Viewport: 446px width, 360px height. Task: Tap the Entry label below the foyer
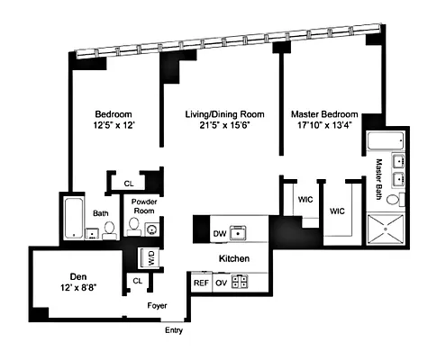point(174,329)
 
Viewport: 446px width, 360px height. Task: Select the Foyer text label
point(159,305)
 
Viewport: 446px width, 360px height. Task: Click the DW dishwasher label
point(218,234)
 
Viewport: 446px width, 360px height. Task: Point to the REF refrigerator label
point(202,282)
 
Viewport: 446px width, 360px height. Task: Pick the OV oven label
point(223,282)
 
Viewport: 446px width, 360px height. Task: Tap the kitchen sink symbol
point(239,234)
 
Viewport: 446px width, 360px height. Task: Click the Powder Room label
point(145,206)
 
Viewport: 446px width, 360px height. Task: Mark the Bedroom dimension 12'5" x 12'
point(114,129)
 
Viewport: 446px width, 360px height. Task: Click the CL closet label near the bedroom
point(129,183)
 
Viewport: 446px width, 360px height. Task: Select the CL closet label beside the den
point(137,282)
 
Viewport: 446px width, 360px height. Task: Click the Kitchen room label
point(233,258)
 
